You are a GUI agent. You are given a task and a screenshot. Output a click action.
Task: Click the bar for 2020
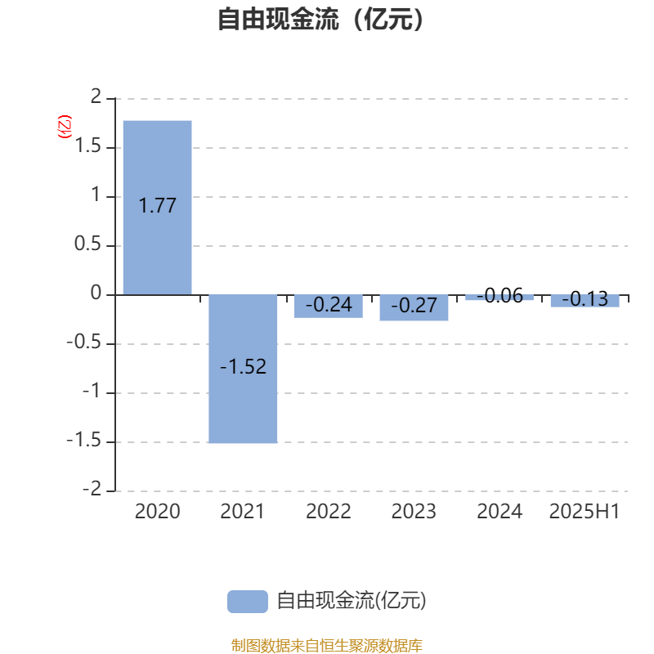[x=157, y=208]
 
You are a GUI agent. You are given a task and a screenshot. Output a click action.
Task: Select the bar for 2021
[x=243, y=369]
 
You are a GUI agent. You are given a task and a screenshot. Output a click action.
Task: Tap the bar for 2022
[x=329, y=306]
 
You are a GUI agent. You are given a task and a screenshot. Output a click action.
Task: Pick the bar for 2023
[x=414, y=308]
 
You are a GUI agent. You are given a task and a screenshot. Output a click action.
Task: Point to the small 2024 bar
[x=499, y=298]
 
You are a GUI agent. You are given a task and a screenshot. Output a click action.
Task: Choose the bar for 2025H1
[x=585, y=301]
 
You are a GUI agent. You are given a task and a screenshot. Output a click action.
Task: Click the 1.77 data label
[x=157, y=206]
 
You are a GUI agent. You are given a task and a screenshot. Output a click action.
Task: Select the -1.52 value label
[x=243, y=366]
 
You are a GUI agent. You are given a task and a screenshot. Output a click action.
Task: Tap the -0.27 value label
[x=414, y=305]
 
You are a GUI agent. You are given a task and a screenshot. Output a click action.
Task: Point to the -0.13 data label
[x=585, y=299]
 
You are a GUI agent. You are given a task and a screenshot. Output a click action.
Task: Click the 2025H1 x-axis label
[x=584, y=512]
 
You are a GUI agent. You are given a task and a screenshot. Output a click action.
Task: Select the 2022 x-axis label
[x=329, y=512]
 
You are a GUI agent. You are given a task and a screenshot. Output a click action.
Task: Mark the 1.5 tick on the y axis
[x=88, y=146]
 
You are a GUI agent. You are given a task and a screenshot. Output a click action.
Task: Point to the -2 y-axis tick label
[x=92, y=489]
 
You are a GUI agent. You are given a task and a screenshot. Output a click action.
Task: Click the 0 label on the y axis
[x=96, y=293]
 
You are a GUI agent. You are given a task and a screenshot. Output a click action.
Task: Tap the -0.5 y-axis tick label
[x=84, y=342]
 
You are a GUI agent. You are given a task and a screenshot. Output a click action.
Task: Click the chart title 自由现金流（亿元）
[x=320, y=19]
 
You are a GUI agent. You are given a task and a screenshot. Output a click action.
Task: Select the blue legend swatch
[x=248, y=602]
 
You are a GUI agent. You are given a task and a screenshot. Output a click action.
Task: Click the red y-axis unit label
[x=65, y=127]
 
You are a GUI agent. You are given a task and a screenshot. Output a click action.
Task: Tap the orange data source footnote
[x=326, y=645]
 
